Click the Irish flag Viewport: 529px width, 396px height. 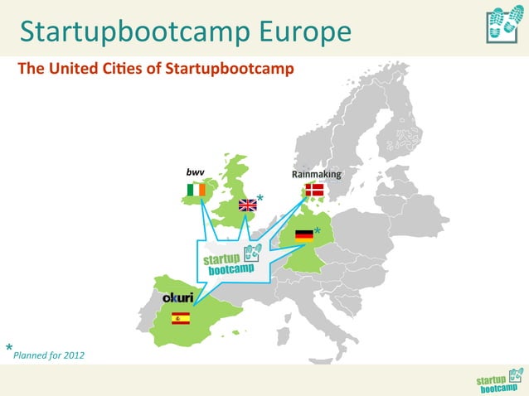coord(195,191)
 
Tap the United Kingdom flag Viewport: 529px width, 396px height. coord(247,205)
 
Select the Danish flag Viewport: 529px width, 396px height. coord(314,190)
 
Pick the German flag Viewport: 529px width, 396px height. coord(304,234)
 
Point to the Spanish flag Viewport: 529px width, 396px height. coord(180,317)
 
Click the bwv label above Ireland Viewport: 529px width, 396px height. coord(195,172)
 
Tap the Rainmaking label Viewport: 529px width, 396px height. coord(316,175)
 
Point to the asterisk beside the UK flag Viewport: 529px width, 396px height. coord(260,198)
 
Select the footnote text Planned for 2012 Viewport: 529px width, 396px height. coord(48,355)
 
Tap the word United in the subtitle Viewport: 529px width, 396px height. coord(72,68)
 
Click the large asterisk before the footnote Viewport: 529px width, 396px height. coord(9,348)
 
